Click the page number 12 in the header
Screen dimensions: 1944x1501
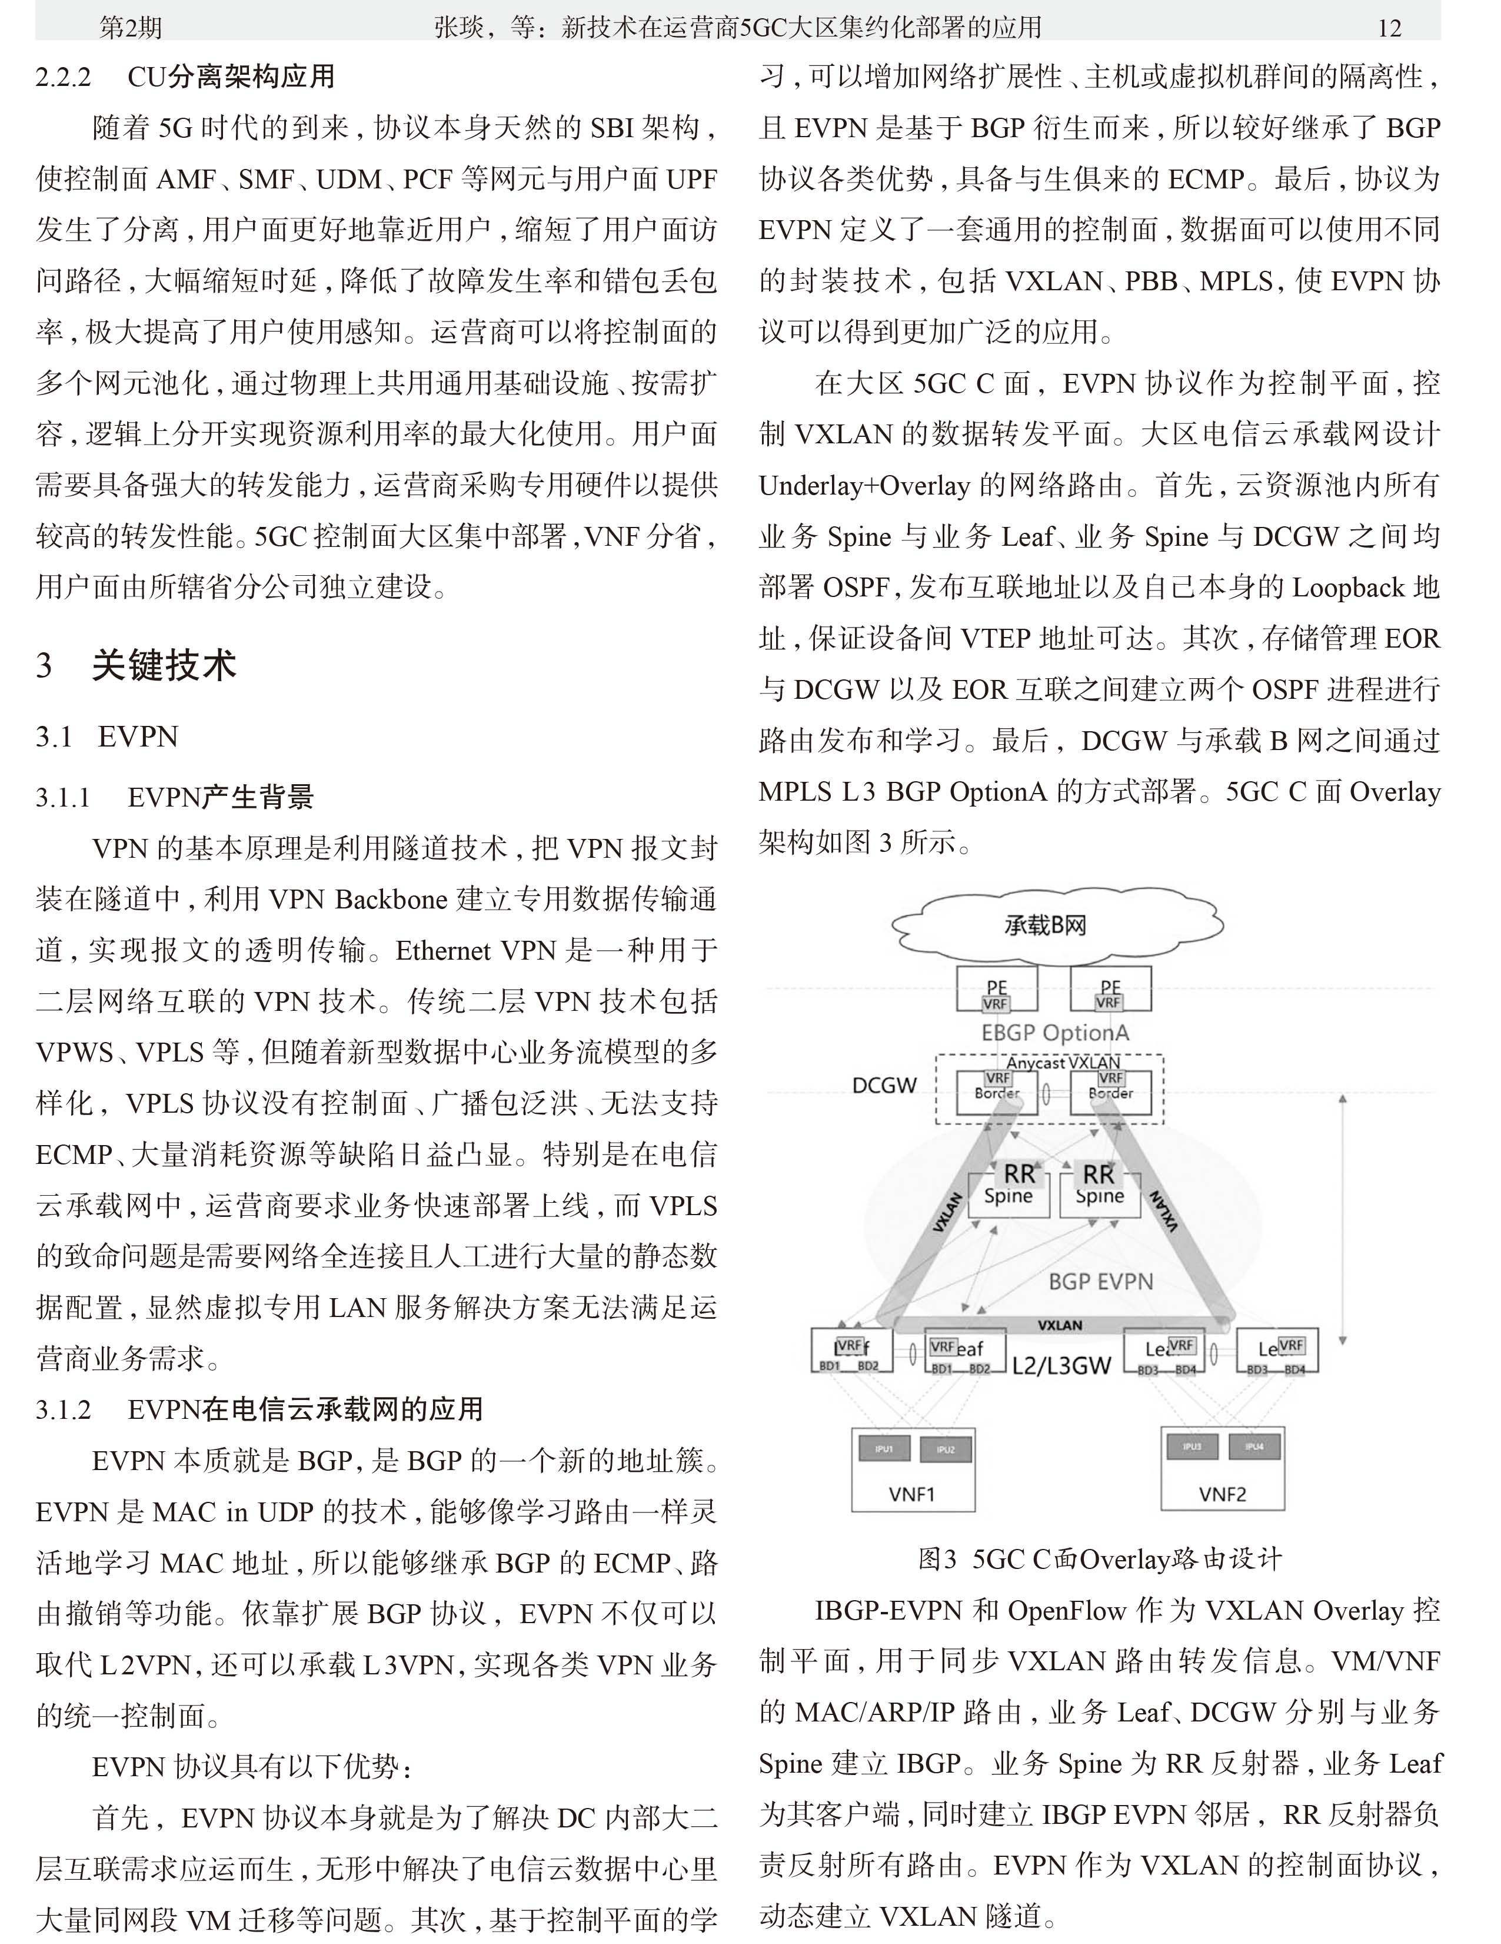(1389, 28)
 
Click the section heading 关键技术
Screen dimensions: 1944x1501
(164, 665)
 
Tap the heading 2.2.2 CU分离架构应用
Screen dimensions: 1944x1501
(185, 77)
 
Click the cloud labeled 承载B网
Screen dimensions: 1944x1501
(1046, 925)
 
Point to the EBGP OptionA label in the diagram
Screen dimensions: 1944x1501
(1054, 1033)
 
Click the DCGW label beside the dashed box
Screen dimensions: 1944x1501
(884, 1085)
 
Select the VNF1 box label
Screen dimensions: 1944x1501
(912, 1494)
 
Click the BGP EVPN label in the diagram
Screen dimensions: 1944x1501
(1101, 1282)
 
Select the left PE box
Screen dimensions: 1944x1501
(997, 990)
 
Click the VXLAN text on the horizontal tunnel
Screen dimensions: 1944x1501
(1060, 1325)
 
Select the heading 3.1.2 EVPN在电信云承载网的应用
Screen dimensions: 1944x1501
(260, 1409)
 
